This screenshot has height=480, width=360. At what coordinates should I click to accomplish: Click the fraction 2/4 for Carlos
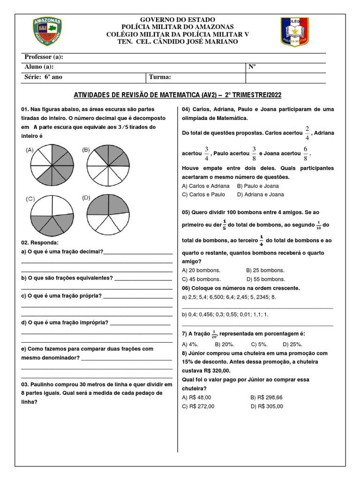[x=307, y=133]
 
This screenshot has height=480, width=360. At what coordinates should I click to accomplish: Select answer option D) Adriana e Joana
[x=260, y=194]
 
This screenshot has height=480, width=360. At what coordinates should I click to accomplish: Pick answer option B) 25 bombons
[x=265, y=270]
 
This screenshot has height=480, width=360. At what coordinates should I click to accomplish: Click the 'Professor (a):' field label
[x=44, y=57]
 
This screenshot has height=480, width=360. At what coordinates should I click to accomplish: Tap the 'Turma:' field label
[x=160, y=77]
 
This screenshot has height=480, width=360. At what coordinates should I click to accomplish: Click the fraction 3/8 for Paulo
[x=254, y=154]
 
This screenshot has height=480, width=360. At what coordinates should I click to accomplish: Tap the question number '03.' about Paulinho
[x=25, y=384]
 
